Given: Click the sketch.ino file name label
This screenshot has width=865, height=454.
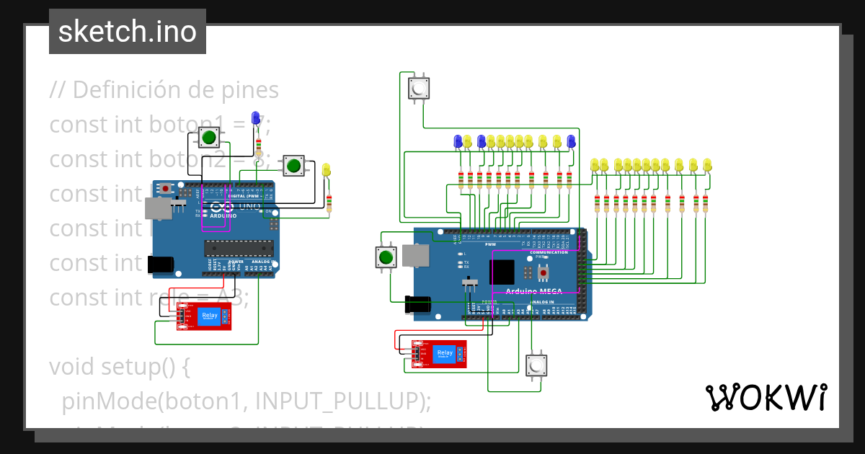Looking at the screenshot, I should (127, 32).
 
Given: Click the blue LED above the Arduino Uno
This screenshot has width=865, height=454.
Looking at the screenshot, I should (255, 119).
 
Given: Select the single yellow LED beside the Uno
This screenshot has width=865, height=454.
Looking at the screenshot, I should (326, 170).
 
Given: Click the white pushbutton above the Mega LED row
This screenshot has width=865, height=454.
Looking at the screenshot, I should (418, 89).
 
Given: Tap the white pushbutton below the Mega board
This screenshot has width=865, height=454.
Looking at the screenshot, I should (536, 366).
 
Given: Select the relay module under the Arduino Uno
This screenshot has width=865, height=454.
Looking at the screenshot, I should (205, 316).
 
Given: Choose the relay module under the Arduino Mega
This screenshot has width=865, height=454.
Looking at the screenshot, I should (440, 354).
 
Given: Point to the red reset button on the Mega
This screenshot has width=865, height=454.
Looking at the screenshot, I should (544, 272).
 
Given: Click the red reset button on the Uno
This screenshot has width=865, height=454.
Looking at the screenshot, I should (167, 189).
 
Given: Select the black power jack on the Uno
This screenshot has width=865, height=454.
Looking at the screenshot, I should (159, 264).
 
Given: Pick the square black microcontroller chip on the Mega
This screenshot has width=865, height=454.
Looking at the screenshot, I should (502, 272).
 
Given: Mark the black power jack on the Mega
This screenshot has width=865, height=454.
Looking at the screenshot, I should (419, 305).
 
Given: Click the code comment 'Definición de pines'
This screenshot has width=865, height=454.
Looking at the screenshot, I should (164, 90).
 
